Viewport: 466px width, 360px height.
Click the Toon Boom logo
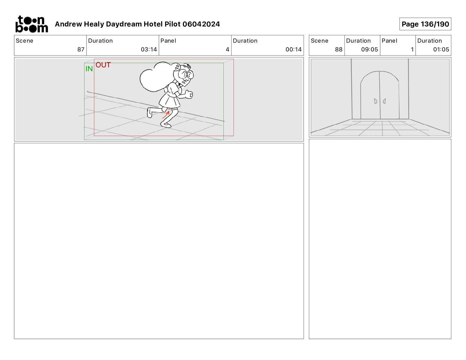pos(32,24)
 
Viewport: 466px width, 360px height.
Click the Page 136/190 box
pos(425,24)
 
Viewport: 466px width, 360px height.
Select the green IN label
pos(89,69)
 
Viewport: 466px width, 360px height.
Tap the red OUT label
pos(103,65)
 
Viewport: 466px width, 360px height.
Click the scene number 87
pos(81,49)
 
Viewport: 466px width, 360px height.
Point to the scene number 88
pos(339,49)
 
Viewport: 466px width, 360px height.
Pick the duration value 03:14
pos(149,49)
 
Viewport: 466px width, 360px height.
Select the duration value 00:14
pos(294,49)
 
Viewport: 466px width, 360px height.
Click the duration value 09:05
pos(370,49)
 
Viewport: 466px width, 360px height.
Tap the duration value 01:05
pos(441,49)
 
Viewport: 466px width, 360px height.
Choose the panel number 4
pos(227,49)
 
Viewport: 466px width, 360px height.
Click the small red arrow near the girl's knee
pos(166,115)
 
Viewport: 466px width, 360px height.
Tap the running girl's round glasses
pos(186,74)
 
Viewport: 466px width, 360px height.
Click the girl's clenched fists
pos(189,94)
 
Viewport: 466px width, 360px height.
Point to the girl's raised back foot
pos(149,113)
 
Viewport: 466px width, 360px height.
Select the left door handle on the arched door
pos(375,101)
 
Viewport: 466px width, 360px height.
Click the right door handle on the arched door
pos(384,101)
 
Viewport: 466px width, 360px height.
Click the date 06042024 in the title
pos(201,24)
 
